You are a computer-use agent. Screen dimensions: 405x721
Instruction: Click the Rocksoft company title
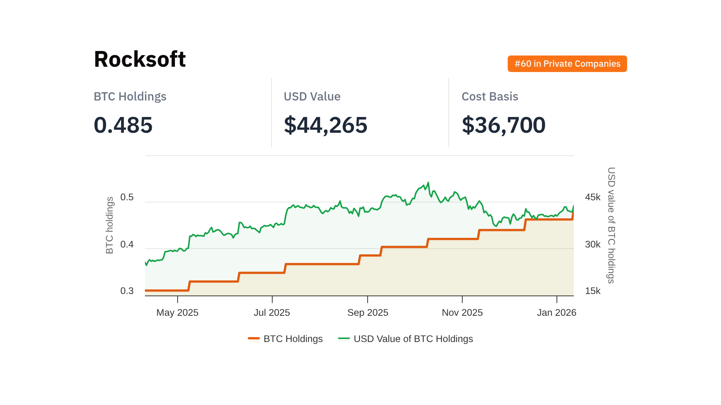140,59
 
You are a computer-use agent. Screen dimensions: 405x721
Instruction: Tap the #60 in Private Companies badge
567,64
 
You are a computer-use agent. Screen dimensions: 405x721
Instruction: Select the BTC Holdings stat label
130,97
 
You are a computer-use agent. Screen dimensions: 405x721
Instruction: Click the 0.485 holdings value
123,125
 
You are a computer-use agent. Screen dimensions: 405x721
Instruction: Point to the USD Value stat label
312,97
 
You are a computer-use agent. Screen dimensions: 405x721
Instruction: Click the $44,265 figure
326,125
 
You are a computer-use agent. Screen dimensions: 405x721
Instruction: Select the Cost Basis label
490,97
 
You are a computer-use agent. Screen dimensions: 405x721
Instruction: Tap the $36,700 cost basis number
504,125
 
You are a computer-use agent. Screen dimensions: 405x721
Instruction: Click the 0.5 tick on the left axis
127,197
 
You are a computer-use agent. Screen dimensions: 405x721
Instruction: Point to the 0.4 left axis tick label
127,244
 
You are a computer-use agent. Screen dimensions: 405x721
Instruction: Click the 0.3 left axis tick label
127,291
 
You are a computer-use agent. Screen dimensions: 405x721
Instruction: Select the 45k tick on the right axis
593,197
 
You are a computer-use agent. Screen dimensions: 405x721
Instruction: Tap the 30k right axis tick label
593,244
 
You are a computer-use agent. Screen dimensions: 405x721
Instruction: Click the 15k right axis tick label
593,291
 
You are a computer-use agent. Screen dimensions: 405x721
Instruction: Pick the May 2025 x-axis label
177,313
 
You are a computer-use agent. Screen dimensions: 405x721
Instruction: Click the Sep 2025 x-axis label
368,313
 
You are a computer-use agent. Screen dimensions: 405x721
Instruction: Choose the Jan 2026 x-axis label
557,313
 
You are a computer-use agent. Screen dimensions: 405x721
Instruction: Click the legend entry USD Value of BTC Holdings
406,339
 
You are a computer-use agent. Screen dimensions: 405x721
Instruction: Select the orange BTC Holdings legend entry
285,339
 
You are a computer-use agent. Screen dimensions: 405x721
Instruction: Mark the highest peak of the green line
428,183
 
